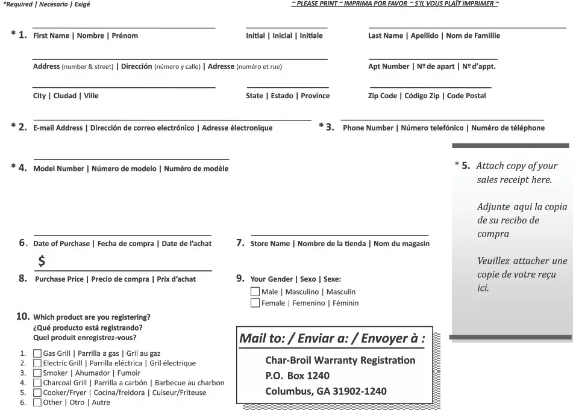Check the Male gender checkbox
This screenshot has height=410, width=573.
click(255, 292)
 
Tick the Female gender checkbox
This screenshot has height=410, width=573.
click(255, 303)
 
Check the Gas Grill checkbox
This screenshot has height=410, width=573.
click(37, 354)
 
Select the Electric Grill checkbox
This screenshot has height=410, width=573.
click(37, 364)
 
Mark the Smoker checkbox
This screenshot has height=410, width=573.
click(37, 373)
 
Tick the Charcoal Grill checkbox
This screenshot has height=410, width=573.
click(37, 383)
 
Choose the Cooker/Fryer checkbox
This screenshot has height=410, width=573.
click(37, 393)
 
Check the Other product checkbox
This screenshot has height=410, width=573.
click(37, 402)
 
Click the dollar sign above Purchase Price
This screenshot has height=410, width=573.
click(42, 261)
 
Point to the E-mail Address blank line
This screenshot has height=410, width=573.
click(172, 119)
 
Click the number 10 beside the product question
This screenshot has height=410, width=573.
click(22, 316)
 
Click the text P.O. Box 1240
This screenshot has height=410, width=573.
click(289, 376)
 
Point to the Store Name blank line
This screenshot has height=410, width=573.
click(339, 234)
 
